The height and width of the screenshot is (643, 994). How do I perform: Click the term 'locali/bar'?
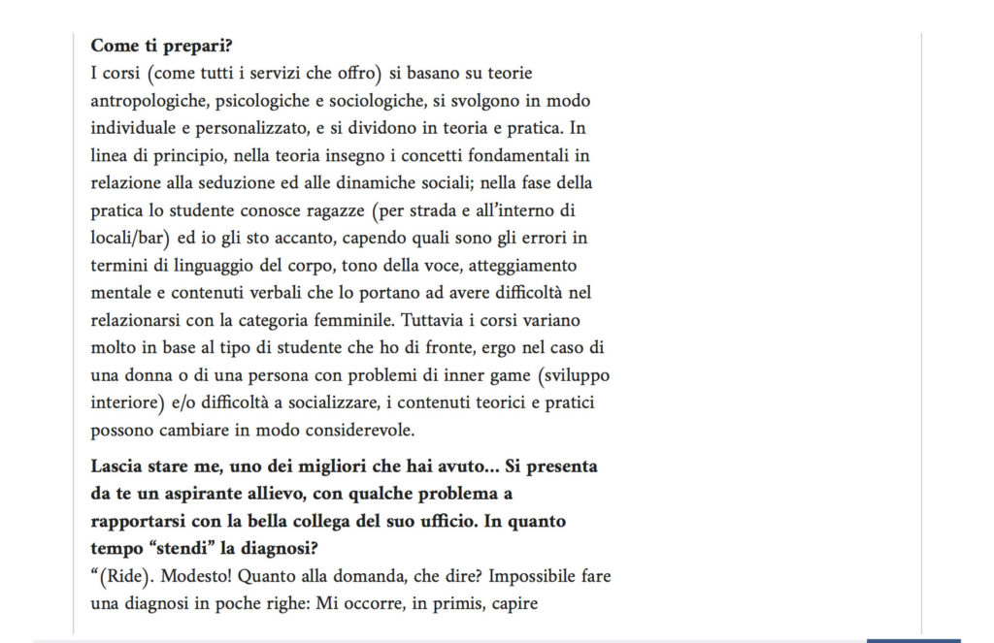point(129,238)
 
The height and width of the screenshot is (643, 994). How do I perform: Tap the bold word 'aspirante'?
point(182,494)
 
